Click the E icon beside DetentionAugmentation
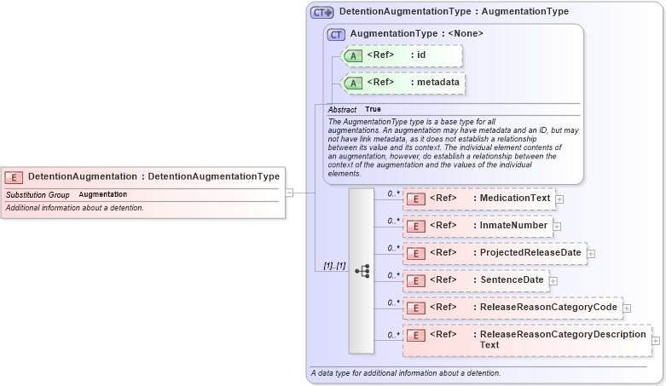pyautogui.click(x=14, y=176)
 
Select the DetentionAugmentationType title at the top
pyautogui.click(x=454, y=12)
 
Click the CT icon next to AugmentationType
pyautogui.click(x=337, y=34)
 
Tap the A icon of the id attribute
pyautogui.click(x=354, y=55)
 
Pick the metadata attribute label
pyautogui.click(x=435, y=83)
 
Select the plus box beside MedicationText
pyautogui.click(x=559, y=199)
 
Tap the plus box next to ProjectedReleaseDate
pyautogui.click(x=591, y=253)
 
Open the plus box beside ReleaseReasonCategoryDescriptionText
pyautogui.click(x=656, y=340)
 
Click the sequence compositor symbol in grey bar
pyautogui.click(x=362, y=271)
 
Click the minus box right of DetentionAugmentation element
pyautogui.click(x=289, y=193)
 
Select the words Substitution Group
pyautogui.click(x=38, y=195)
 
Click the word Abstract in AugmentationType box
pyautogui.click(x=342, y=110)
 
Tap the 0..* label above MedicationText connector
pyautogui.click(x=393, y=193)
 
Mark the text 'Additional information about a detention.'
pyautogui.click(x=75, y=208)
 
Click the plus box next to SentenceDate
pyautogui.click(x=553, y=280)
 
